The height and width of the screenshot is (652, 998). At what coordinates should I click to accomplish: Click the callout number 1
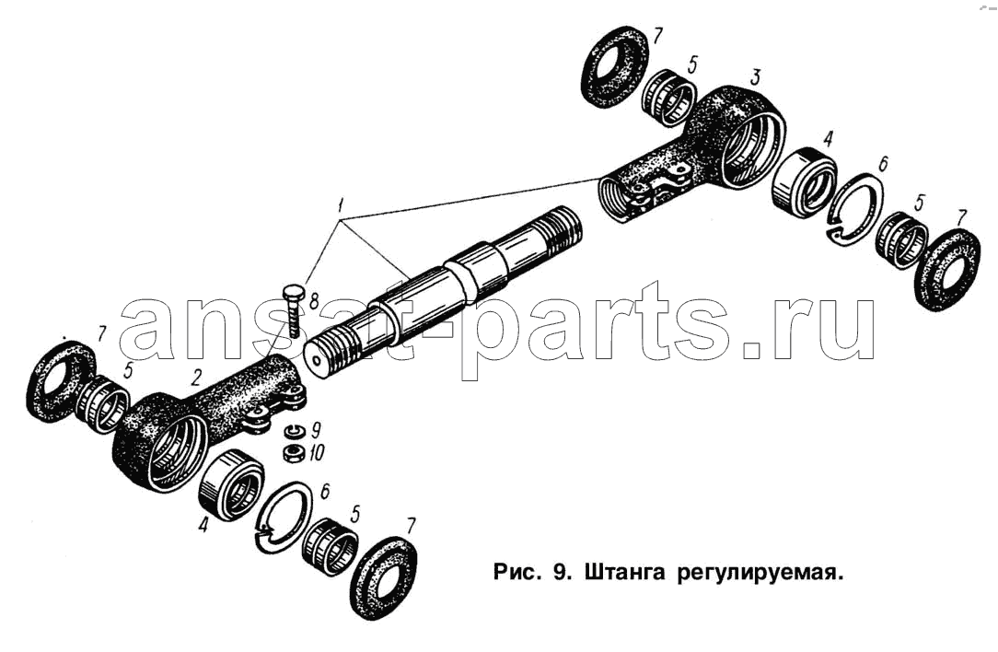click(x=342, y=205)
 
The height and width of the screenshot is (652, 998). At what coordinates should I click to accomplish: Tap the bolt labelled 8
click(x=292, y=310)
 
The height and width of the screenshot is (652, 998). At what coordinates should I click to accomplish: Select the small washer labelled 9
click(x=293, y=431)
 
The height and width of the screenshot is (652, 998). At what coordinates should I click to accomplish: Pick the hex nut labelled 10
click(x=292, y=454)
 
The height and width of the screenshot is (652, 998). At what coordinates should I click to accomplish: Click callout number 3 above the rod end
click(x=754, y=77)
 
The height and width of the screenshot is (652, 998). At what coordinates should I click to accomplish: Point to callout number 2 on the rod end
click(x=195, y=378)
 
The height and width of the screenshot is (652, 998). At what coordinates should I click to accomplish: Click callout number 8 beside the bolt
click(x=312, y=300)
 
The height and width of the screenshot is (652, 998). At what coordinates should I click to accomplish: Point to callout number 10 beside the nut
click(x=317, y=453)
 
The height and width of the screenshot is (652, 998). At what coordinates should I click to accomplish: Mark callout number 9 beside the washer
click(x=315, y=430)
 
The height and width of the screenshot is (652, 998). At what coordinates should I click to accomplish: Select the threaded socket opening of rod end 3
click(x=616, y=198)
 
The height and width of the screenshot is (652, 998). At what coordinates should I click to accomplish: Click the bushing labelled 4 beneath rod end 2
click(x=231, y=483)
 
